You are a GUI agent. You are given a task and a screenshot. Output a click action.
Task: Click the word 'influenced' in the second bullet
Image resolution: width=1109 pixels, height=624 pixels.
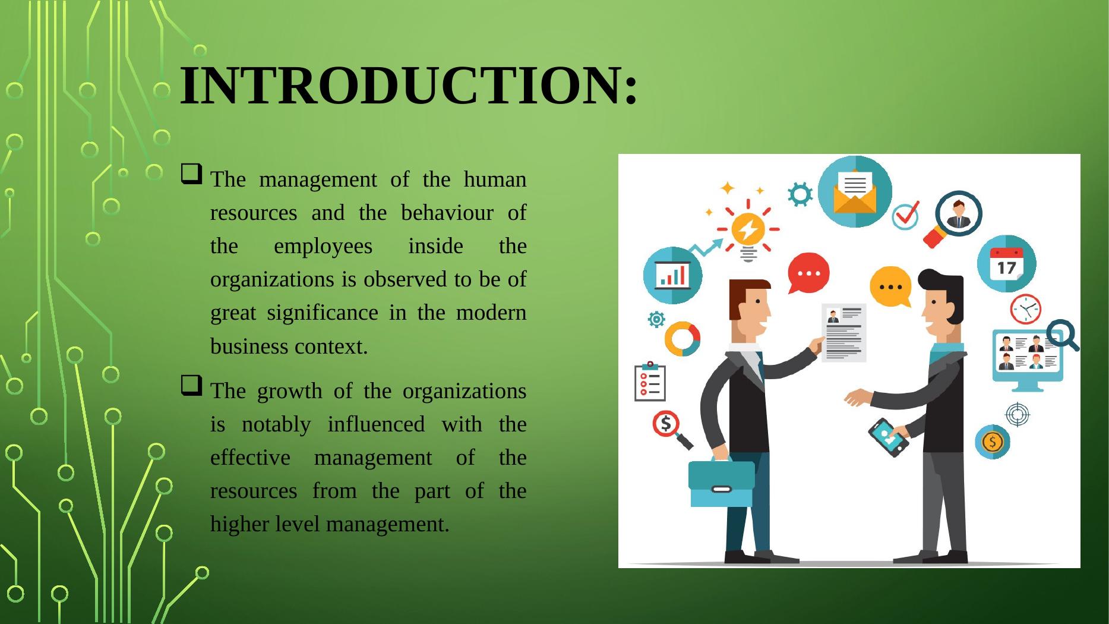point(376,424)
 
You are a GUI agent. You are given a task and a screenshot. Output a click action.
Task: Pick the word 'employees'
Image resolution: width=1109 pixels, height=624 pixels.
point(323,247)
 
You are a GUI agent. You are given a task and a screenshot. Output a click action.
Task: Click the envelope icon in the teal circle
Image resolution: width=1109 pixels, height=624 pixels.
point(855,191)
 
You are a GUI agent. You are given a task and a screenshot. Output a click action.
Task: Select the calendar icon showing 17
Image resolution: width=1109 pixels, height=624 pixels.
point(1007,264)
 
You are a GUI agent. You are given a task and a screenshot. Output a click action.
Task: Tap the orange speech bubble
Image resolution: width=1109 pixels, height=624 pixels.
point(890,286)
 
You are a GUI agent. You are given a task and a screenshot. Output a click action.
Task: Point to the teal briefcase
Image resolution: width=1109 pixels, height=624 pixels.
point(721,483)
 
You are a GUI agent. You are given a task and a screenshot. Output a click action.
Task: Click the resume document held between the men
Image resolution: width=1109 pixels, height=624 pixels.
point(843,332)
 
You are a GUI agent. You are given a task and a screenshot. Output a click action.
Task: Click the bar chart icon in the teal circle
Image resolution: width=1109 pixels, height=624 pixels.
point(673,275)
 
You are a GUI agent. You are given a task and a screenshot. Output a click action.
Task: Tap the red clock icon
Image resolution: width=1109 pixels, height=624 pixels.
point(1025,309)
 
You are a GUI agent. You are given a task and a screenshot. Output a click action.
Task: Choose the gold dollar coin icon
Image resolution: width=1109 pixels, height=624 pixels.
point(992,442)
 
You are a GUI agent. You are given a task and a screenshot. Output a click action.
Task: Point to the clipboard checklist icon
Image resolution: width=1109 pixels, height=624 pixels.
point(650,382)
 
